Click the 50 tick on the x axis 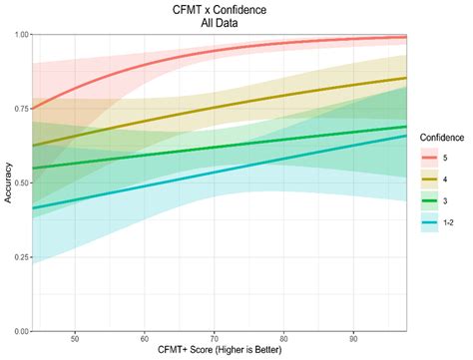pyautogui.click(x=76, y=339)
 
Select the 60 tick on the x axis pyautogui.click(x=146, y=339)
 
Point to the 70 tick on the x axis pyautogui.click(x=216, y=339)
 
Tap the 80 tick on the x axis pyautogui.click(x=285, y=339)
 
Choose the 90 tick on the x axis pyautogui.click(x=355, y=339)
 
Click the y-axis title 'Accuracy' pyautogui.click(x=7, y=182)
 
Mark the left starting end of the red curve pyautogui.click(x=33, y=109)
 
